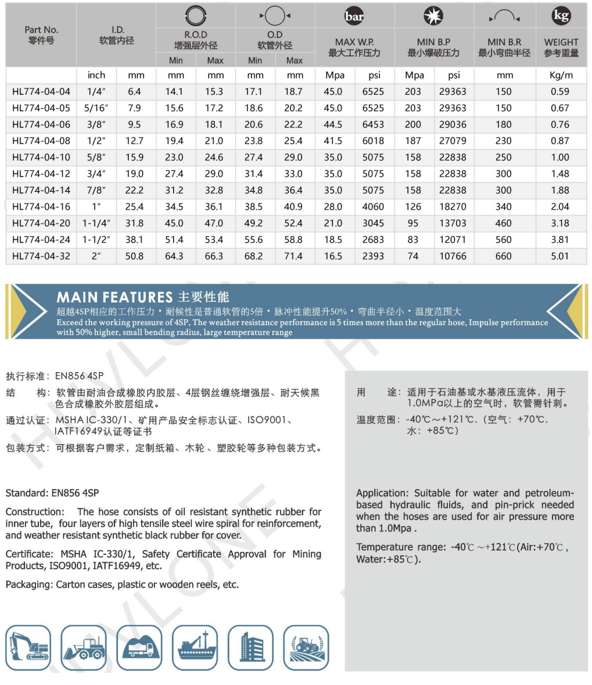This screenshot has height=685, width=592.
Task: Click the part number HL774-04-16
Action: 41,206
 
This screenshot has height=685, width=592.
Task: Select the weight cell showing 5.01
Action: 560,256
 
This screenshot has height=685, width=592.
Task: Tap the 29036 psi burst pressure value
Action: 453,124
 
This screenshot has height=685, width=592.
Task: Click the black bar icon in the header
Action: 354,17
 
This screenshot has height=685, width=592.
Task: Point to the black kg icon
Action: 561,16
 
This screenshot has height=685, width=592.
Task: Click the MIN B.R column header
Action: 504,47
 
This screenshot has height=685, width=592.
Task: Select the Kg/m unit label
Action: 561,75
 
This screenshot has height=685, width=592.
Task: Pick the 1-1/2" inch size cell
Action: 96,240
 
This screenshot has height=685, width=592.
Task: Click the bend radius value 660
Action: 504,256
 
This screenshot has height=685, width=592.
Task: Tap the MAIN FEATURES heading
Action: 114,297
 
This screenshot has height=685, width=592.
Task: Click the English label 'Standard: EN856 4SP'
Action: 52,493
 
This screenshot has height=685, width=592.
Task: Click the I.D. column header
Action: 116,35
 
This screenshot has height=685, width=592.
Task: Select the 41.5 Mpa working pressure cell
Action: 333,141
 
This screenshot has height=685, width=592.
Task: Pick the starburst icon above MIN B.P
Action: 433,17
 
